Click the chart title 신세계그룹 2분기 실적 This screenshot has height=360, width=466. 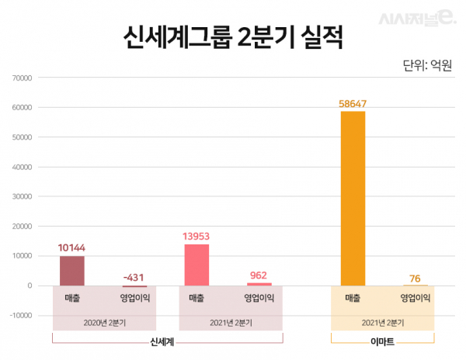(232, 37)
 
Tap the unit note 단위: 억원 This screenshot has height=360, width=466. (428, 64)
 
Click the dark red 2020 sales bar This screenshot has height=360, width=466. (72, 271)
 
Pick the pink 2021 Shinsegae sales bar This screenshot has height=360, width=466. (196, 265)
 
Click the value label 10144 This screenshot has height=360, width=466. (72, 247)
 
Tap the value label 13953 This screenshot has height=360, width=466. (196, 236)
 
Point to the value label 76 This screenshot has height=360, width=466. (415, 277)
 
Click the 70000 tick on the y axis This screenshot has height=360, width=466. (21, 78)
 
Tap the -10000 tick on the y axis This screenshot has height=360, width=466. (19, 316)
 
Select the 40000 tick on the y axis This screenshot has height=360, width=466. (21, 167)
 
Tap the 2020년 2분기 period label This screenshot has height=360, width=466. (104, 321)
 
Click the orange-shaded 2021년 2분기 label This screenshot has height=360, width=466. (383, 321)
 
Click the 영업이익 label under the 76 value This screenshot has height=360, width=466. (415, 298)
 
